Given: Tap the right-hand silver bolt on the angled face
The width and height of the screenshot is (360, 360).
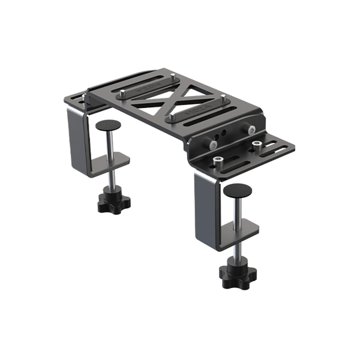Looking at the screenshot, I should [248, 129].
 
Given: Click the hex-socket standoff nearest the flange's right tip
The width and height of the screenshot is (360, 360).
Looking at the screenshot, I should [256, 144].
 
